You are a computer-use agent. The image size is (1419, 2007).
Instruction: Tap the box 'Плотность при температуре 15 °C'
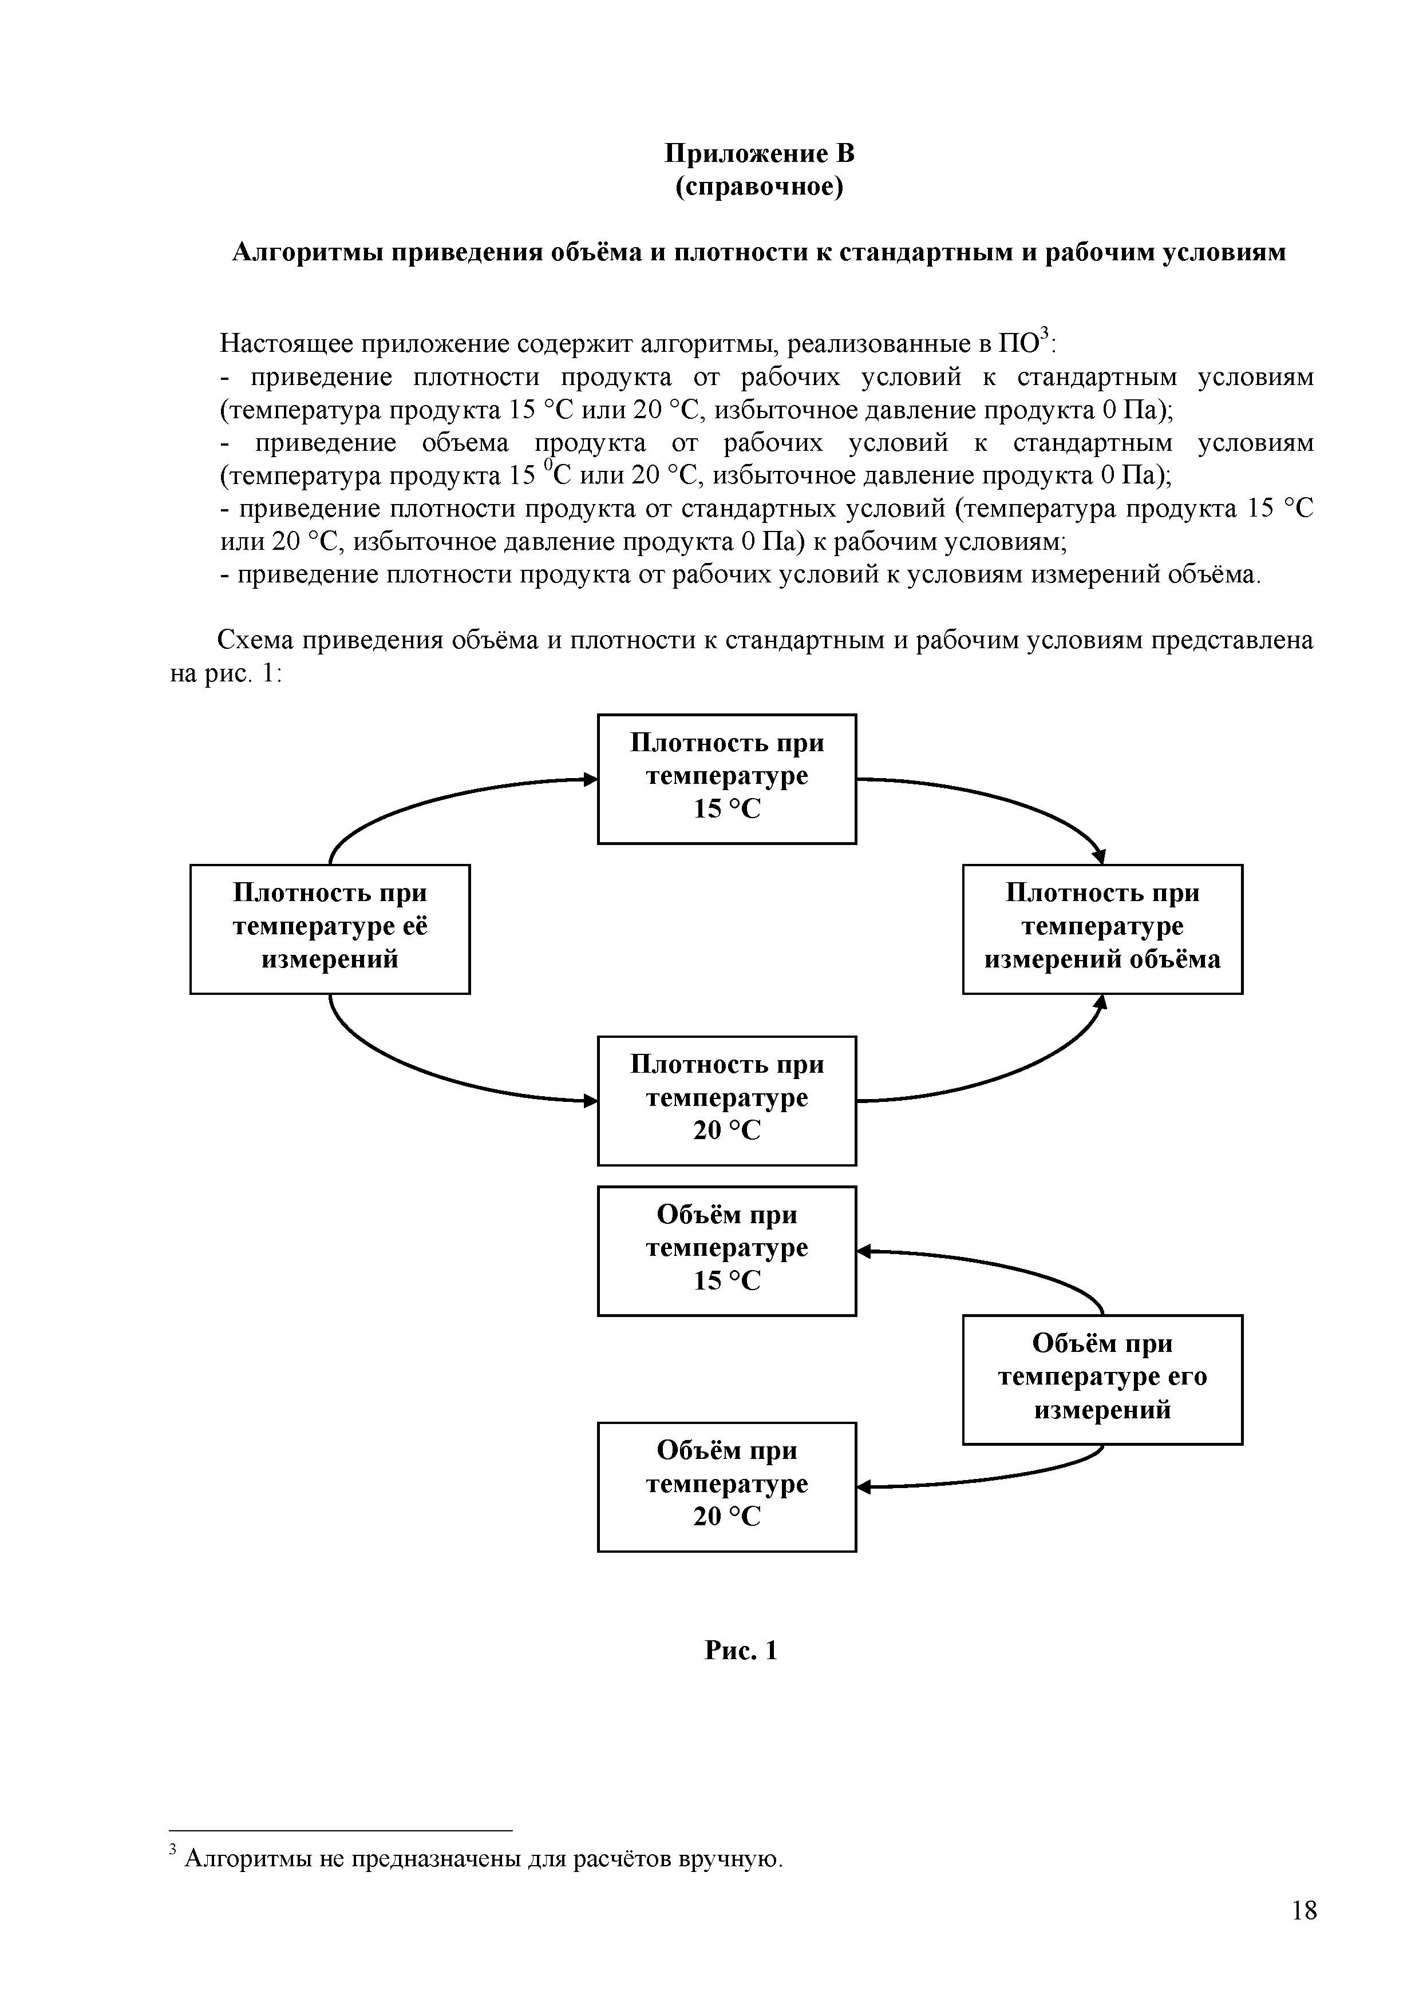pos(726,778)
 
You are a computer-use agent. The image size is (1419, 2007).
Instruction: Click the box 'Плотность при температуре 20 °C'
pos(726,1100)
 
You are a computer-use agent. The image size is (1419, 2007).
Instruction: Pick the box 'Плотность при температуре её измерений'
pos(330,929)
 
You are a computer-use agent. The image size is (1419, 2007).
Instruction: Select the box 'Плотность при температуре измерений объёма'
pos(1102,929)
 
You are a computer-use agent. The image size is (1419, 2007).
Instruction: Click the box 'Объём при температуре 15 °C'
pos(726,1250)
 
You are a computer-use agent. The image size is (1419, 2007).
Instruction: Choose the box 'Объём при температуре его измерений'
pos(1102,1378)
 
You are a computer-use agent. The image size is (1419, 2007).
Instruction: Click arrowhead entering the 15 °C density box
pos(591,779)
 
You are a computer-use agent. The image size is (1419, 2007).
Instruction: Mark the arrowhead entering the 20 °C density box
pos(591,1101)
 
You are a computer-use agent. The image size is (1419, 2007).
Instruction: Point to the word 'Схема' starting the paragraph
pos(255,641)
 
